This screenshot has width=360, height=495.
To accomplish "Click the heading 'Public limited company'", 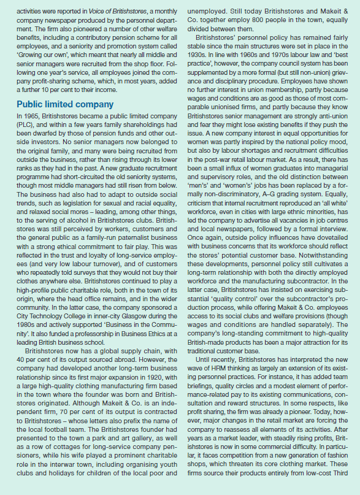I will point(65,104).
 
